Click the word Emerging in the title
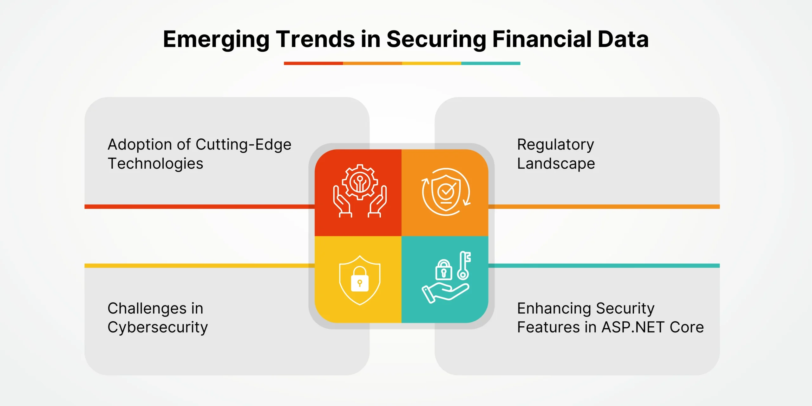(x=216, y=40)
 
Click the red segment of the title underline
(x=313, y=63)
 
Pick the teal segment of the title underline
(x=491, y=63)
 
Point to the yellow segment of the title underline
(x=432, y=63)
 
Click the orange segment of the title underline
(x=373, y=63)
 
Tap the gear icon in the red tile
(x=360, y=182)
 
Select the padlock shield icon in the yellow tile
(x=360, y=280)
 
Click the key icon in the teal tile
(x=464, y=265)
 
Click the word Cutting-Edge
(x=244, y=145)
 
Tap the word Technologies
(x=155, y=164)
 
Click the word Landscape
(x=556, y=164)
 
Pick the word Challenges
(x=147, y=308)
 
